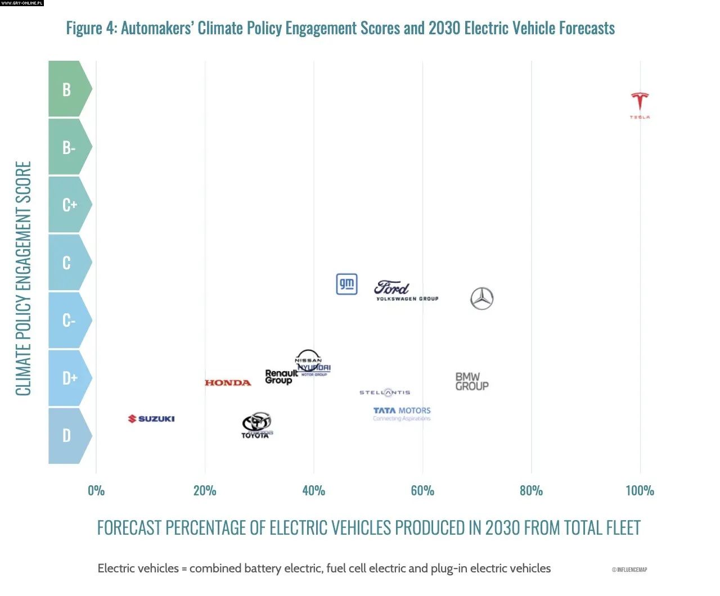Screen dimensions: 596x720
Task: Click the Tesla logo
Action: pyautogui.click(x=640, y=104)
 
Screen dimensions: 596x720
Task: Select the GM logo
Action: pyautogui.click(x=346, y=285)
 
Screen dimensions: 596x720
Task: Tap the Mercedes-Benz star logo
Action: pyautogui.click(x=481, y=299)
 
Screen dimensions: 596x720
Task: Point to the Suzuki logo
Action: pyautogui.click(x=151, y=419)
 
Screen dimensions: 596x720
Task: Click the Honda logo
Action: pyautogui.click(x=228, y=383)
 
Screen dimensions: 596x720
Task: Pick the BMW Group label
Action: pyautogui.click(x=472, y=382)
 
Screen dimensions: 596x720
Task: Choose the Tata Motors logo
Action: pyautogui.click(x=402, y=413)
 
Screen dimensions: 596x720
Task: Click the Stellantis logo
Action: pyautogui.click(x=385, y=392)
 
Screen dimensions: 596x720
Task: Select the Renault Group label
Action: pyautogui.click(x=280, y=377)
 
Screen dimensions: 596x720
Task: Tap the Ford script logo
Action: pyautogui.click(x=391, y=288)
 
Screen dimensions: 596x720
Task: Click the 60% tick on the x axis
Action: pyautogui.click(x=422, y=491)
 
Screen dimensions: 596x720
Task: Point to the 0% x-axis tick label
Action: pyautogui.click(x=96, y=491)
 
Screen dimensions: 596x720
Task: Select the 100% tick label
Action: pyautogui.click(x=640, y=491)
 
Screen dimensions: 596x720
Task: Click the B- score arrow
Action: pyautogui.click(x=69, y=147)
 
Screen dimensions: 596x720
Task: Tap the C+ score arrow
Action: pyautogui.click(x=69, y=205)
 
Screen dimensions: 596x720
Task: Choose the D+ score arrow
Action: pyautogui.click(x=69, y=378)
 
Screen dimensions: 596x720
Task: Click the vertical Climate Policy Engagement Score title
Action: pyautogui.click(x=23, y=278)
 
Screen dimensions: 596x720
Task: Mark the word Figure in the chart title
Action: pyautogui.click(x=84, y=28)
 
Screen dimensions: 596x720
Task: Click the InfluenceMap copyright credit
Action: pyautogui.click(x=629, y=570)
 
